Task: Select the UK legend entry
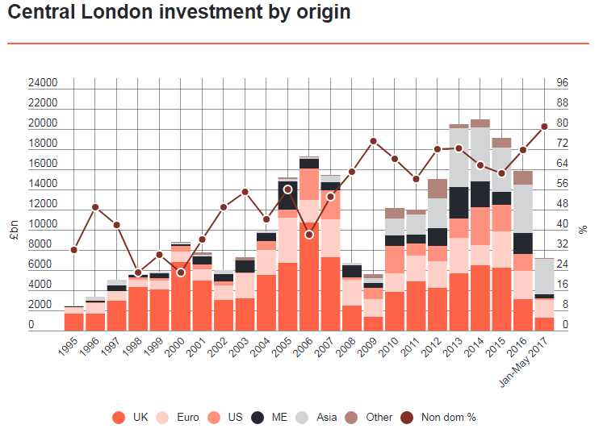click(133, 417)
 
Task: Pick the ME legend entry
click(270, 417)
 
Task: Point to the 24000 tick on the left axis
click(42, 83)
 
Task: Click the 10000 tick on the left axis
click(42, 224)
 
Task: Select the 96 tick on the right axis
click(563, 83)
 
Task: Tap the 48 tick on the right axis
click(563, 204)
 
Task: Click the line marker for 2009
click(373, 141)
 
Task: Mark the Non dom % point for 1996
click(95, 207)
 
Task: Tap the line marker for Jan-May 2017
click(544, 126)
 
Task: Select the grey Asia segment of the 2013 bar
click(459, 157)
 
